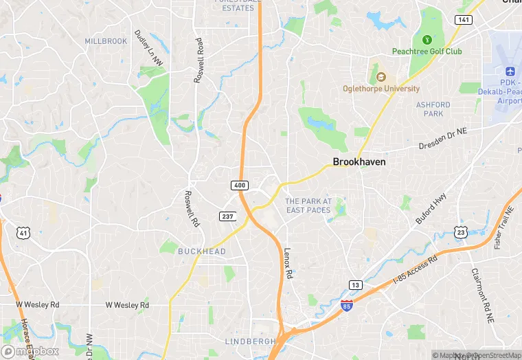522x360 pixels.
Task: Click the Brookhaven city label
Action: click(359, 162)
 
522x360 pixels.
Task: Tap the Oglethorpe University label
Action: click(381, 89)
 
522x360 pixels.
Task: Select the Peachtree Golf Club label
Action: click(427, 52)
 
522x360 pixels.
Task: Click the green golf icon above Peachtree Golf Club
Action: click(427, 39)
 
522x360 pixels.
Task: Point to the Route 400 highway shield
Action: click(239, 185)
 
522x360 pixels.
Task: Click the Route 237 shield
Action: click(228, 216)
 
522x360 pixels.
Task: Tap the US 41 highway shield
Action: click(23, 234)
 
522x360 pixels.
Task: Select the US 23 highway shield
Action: click(461, 232)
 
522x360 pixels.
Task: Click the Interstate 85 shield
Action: click(348, 305)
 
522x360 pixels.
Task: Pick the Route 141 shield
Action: click(463, 20)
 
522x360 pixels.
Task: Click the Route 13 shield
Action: click(355, 284)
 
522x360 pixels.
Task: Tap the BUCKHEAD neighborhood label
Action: click(202, 251)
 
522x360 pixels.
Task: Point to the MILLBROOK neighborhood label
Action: click(106, 41)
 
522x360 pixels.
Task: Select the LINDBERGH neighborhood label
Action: click(250, 341)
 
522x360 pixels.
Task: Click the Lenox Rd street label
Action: click(288, 262)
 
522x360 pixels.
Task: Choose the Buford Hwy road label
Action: click(431, 207)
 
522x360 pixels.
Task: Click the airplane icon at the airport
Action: click(510, 71)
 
